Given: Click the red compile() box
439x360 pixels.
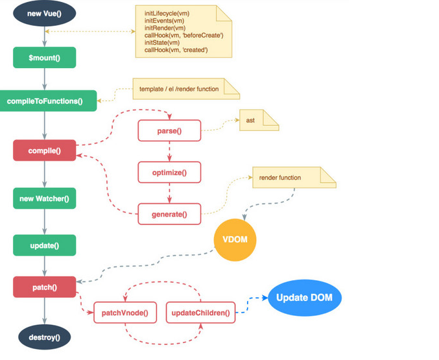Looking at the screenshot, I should point(45,150).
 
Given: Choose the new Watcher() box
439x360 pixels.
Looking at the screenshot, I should point(45,198).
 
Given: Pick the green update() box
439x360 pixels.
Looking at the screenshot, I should point(45,245).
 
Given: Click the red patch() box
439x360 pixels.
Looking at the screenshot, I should point(45,286).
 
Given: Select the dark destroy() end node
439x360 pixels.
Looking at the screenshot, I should point(45,337).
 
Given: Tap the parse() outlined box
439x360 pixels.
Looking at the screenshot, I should point(169,131).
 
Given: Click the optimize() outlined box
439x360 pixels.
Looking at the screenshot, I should point(169,173).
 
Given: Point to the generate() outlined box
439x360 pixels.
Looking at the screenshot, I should point(169,213).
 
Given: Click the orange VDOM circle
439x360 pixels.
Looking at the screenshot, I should point(235,239).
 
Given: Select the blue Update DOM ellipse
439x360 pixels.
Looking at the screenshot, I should point(304,298).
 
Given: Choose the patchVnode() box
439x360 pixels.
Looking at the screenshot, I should point(125,313).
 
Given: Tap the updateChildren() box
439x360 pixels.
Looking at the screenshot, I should point(200,313).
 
